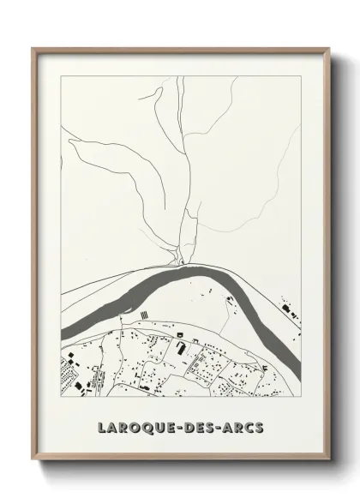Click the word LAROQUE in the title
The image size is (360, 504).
131,426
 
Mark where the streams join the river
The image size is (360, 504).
181,262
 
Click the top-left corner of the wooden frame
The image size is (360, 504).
33,48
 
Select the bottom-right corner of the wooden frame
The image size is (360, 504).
328,462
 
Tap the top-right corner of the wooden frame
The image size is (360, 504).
328,48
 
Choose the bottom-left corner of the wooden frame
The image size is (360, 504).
33,462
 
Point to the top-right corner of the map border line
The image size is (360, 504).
301,75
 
